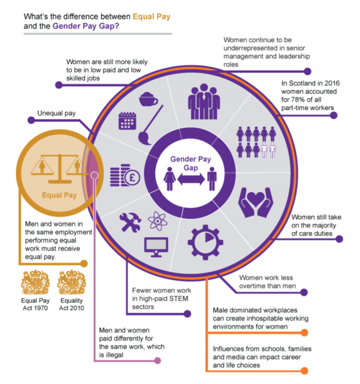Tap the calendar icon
tap(128, 121)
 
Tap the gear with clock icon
tap(205, 242)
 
